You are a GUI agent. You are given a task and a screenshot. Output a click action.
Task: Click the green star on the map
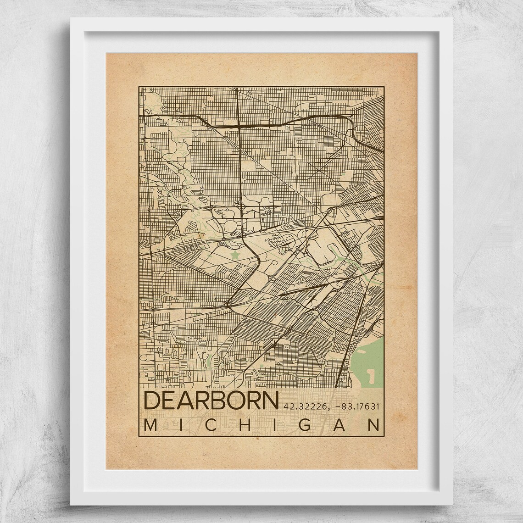235,254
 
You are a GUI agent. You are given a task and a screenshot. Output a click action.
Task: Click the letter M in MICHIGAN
150,425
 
